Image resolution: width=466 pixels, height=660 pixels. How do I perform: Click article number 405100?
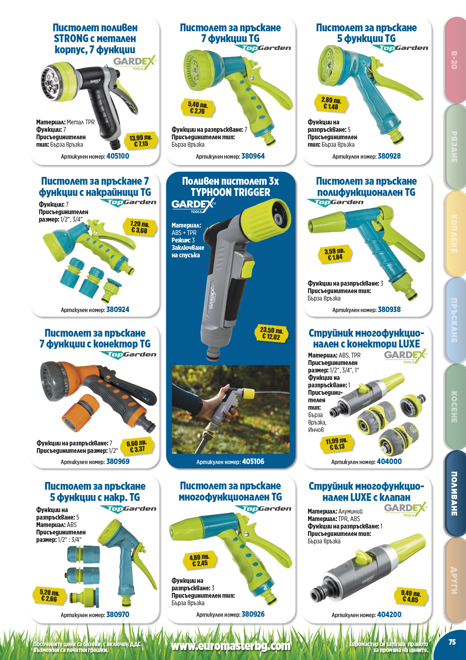click(118, 156)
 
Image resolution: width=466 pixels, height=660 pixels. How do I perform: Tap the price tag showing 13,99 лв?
click(141, 141)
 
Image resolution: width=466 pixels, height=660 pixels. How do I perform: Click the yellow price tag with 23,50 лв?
click(271, 333)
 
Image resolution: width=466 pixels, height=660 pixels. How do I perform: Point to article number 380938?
click(389, 310)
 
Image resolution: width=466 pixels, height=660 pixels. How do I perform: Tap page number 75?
click(452, 642)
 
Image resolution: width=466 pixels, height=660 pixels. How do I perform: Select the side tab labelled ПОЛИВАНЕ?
click(454, 494)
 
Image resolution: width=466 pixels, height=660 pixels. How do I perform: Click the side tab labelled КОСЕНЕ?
click(454, 407)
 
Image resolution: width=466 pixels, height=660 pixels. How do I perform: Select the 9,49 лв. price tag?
click(411, 596)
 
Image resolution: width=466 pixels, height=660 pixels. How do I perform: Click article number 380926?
click(253, 614)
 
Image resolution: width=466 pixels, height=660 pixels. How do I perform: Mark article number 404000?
click(389, 461)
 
